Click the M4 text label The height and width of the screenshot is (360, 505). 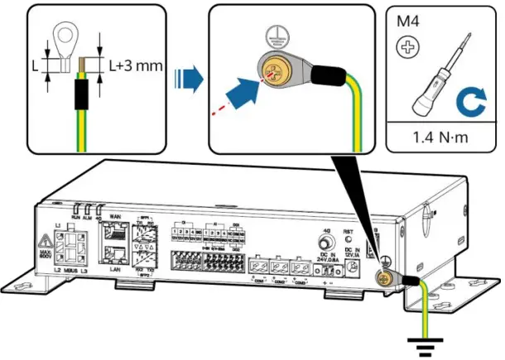408,20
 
